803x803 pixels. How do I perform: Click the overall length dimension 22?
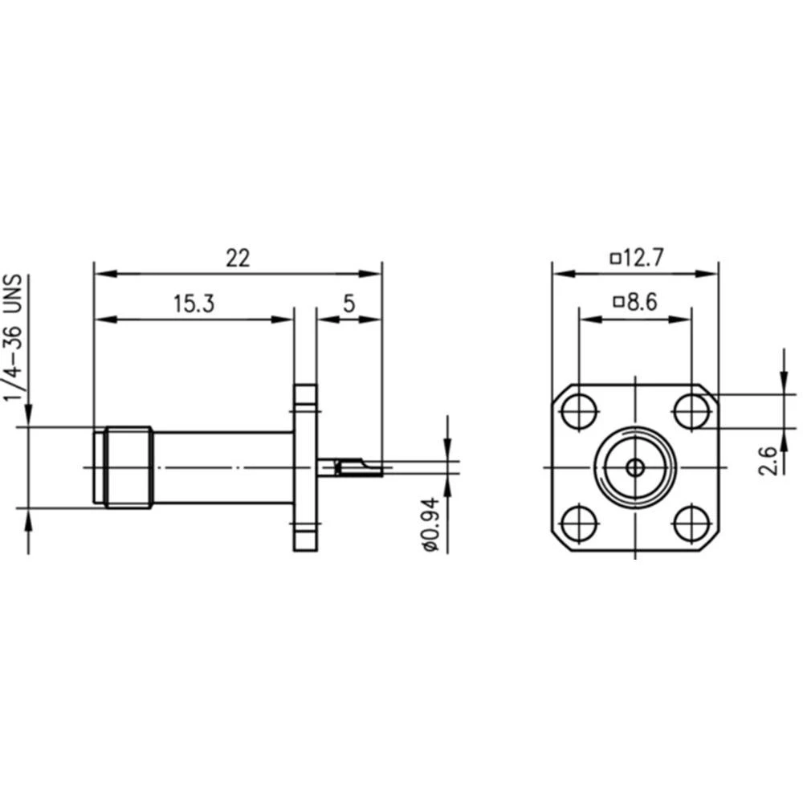click(x=238, y=259)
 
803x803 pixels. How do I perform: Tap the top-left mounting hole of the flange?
click(x=577, y=412)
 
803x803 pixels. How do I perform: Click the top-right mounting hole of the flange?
click(x=690, y=412)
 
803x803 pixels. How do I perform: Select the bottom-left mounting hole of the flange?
click(x=577, y=524)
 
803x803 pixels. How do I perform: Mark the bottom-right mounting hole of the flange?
click(x=690, y=524)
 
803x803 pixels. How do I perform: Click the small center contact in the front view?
click(x=634, y=467)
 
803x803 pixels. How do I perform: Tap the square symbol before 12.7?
click(x=616, y=259)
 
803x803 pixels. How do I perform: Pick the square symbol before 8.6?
click(x=618, y=303)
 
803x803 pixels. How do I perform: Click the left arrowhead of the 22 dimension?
click(x=101, y=274)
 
